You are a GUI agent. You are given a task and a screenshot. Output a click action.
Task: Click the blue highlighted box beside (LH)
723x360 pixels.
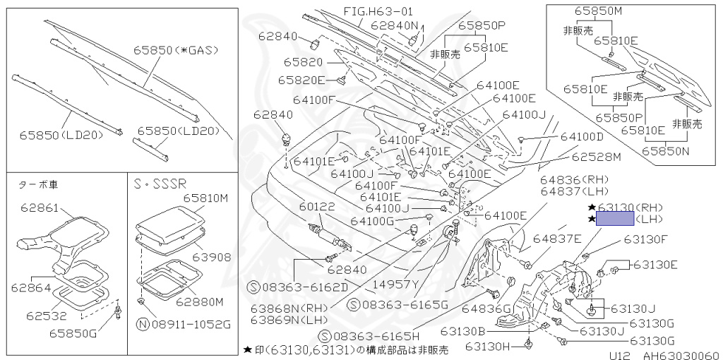[x=615, y=218]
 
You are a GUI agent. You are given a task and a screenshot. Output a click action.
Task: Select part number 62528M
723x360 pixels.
[x=596, y=156]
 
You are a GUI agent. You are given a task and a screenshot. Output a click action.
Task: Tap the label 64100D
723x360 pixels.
[x=582, y=136]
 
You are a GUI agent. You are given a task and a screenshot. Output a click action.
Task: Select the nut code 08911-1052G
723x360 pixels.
[x=184, y=325]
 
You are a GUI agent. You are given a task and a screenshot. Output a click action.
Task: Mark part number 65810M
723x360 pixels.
[x=206, y=198]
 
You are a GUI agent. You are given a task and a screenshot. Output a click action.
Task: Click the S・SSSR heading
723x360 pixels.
[x=160, y=184]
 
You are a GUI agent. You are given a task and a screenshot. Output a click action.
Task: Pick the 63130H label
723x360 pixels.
[x=487, y=346]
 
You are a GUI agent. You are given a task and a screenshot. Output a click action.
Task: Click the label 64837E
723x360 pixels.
[x=557, y=238]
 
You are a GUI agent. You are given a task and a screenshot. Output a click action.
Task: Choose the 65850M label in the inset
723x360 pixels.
[x=599, y=12]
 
